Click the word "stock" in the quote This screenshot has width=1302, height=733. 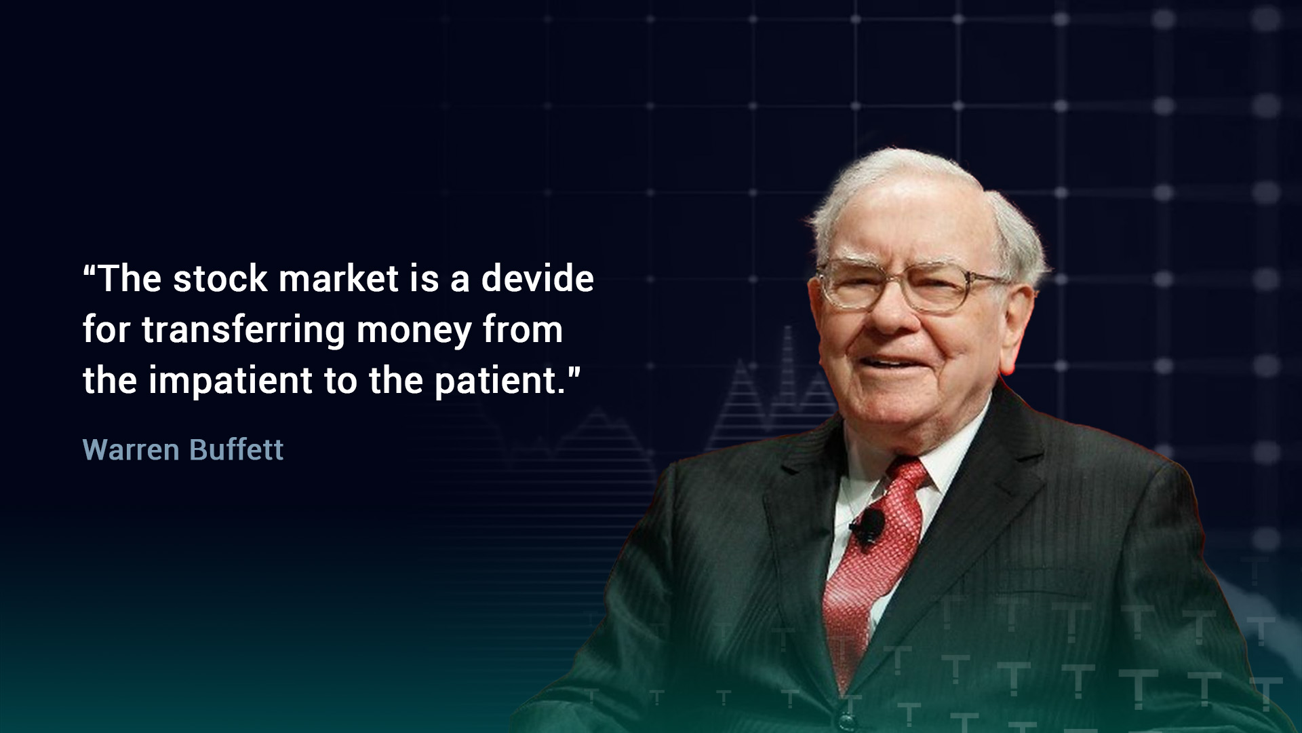click(x=220, y=279)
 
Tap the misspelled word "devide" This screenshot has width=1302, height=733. click(x=537, y=278)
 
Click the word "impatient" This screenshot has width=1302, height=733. click(x=231, y=381)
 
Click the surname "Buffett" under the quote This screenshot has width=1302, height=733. click(x=236, y=449)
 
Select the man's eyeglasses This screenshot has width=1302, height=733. click(x=912, y=286)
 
